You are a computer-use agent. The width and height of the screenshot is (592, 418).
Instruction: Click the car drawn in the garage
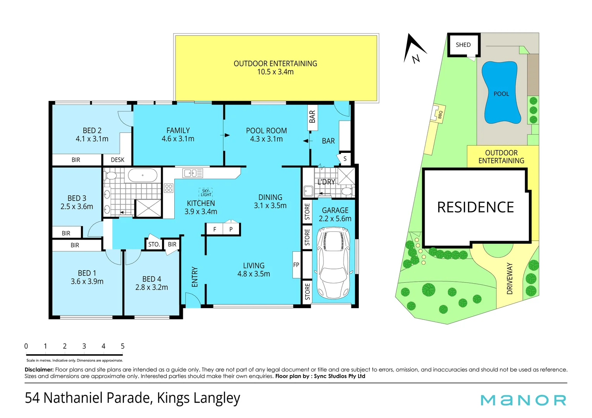333,263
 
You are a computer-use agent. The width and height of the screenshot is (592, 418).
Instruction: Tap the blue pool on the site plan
501,93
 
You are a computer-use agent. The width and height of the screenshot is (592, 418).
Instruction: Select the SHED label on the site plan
463,45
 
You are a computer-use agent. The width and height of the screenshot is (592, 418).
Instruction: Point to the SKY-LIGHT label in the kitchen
206,193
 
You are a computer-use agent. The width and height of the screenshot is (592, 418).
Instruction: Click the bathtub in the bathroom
143,175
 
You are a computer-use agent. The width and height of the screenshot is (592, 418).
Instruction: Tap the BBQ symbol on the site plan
439,115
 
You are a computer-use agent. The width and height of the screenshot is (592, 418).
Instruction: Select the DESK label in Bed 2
117,160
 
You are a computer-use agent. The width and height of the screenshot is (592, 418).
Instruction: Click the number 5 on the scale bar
122,346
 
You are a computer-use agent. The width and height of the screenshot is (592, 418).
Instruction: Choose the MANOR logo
523,400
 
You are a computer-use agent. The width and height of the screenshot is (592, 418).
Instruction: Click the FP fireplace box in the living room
296,265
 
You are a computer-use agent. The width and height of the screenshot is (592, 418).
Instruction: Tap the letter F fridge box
215,229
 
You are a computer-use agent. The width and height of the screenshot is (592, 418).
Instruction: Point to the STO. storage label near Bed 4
154,244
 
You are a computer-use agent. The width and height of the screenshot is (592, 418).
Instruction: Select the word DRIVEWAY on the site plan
509,279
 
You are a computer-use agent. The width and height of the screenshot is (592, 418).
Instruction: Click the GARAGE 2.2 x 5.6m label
335,214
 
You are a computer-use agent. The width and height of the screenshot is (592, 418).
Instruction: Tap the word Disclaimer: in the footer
39,370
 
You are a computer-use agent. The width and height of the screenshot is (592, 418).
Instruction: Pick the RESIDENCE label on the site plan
475,207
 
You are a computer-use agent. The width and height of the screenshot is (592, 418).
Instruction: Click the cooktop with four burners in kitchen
169,188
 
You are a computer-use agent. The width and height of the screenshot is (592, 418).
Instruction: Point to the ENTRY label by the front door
194,277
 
